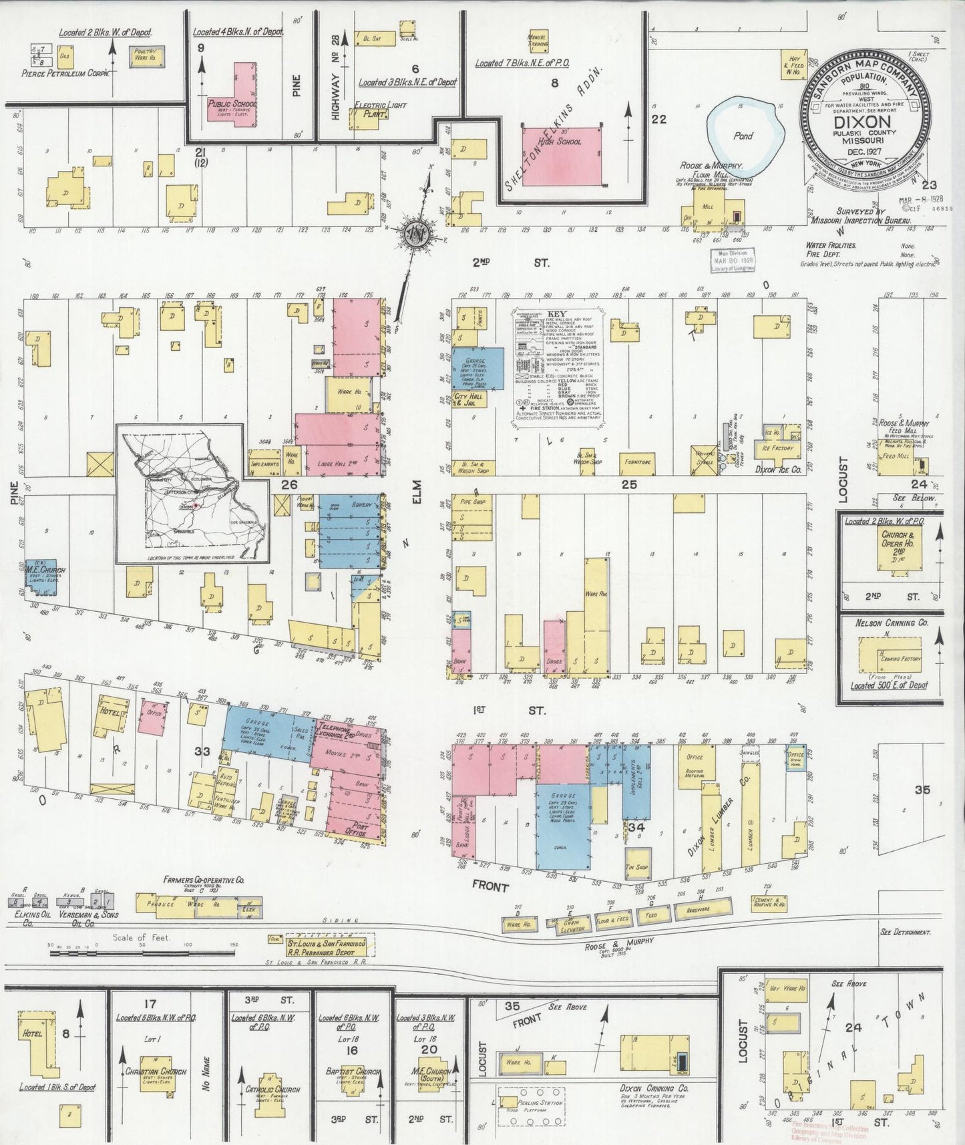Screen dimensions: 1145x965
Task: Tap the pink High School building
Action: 562,156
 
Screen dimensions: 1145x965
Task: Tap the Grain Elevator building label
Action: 570,925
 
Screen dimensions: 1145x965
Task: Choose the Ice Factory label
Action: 777,448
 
